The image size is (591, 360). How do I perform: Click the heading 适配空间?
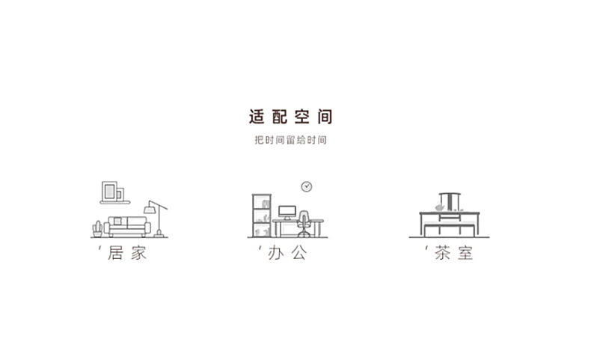point(290,117)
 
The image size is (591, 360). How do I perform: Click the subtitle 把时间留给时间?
point(290,140)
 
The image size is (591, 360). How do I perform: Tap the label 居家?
point(126,253)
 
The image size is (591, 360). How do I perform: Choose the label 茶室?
point(453,253)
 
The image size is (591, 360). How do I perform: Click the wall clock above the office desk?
point(306,186)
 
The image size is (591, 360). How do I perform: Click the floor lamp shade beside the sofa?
point(155,204)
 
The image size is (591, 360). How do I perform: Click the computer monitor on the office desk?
point(287,212)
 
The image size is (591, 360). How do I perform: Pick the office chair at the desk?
point(304,223)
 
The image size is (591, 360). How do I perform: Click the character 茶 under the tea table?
point(442,253)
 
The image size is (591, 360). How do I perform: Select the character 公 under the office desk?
point(298,253)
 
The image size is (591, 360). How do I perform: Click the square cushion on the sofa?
point(117,222)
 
